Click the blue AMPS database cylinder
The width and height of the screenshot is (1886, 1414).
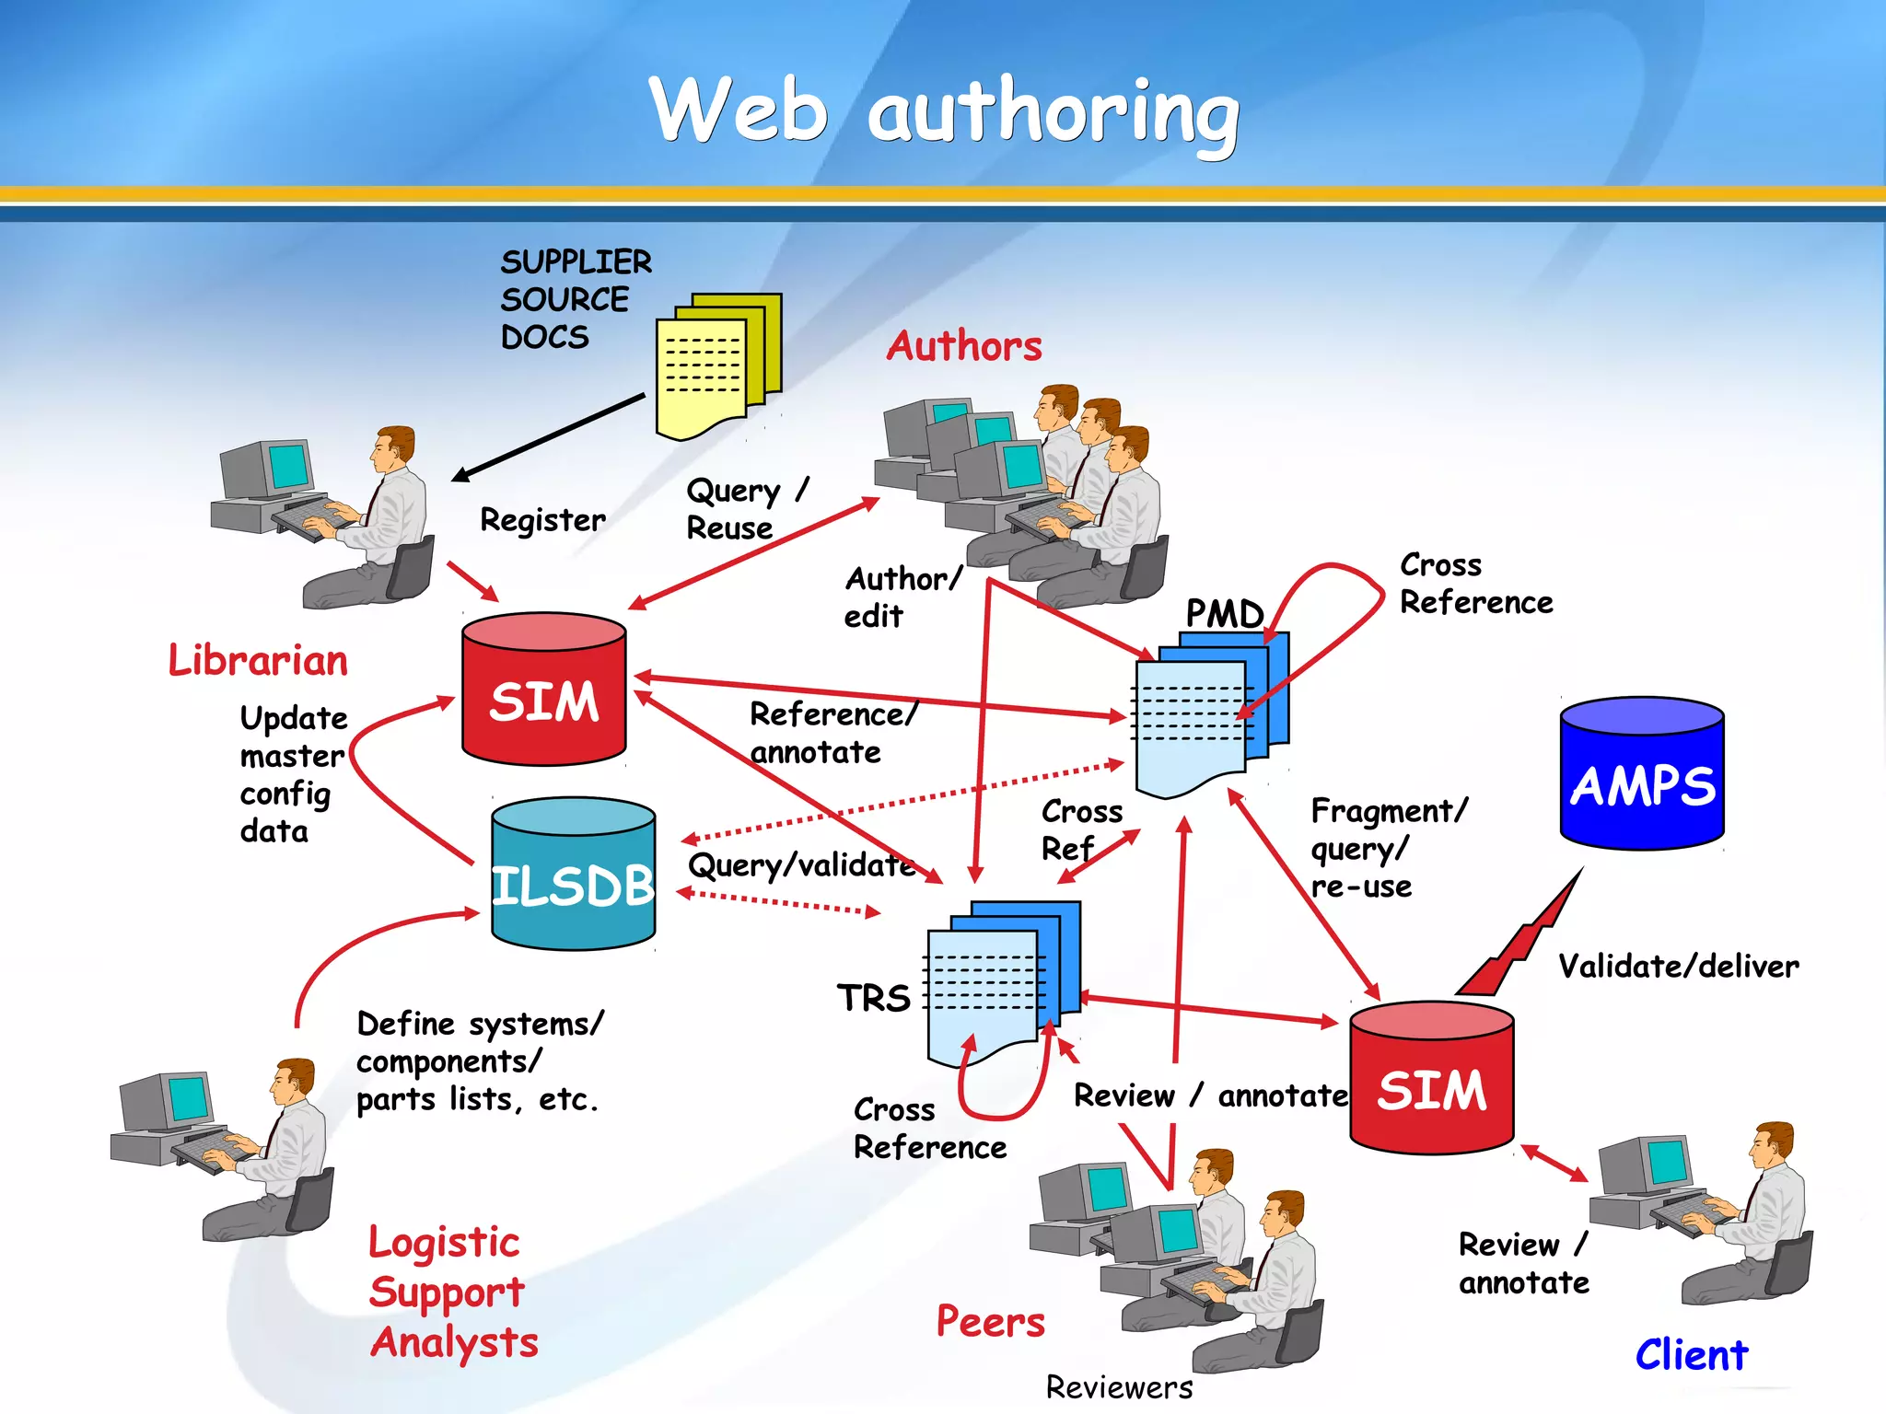[1642, 773]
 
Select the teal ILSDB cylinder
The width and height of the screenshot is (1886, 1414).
[573, 875]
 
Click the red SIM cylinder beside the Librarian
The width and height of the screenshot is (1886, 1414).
[543, 690]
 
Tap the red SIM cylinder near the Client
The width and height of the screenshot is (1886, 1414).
[1431, 1079]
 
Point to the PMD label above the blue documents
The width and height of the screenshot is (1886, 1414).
[1224, 614]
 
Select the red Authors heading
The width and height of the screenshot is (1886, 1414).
[964, 346]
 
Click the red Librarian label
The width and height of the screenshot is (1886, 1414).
[258, 661]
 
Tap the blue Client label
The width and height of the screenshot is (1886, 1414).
[1691, 1355]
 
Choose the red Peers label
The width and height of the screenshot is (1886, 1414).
[990, 1322]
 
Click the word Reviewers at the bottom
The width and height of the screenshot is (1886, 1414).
[1119, 1387]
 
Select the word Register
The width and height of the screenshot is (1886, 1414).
[542, 520]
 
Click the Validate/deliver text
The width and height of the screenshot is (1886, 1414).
[1678, 967]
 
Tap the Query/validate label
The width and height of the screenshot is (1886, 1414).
[801, 865]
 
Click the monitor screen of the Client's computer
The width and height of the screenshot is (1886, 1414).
[1668, 1162]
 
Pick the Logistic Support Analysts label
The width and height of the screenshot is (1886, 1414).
[451, 1292]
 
